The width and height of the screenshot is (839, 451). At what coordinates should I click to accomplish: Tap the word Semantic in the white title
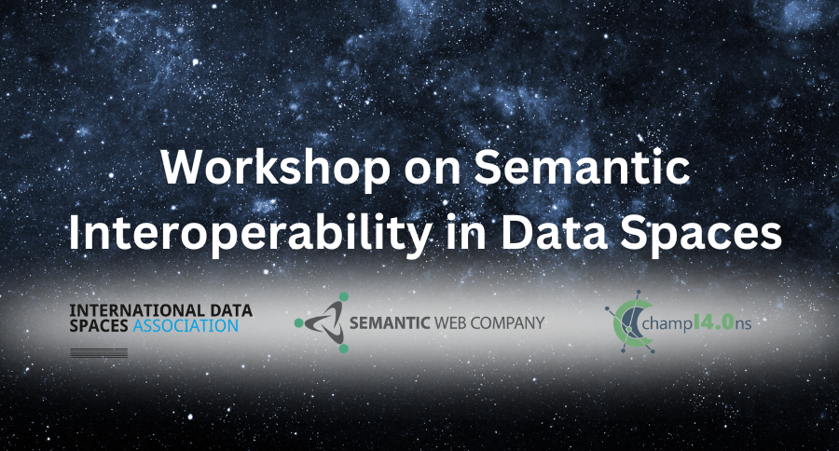[x=582, y=168]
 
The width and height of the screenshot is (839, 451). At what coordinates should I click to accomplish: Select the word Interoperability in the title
[x=251, y=234]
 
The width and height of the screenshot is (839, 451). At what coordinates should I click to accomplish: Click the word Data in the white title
[x=554, y=233]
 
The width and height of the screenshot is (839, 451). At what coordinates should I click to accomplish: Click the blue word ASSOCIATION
[x=186, y=326]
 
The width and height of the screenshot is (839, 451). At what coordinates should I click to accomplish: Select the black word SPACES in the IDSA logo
[x=99, y=326]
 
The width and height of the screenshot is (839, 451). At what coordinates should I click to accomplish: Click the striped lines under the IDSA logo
[x=99, y=352]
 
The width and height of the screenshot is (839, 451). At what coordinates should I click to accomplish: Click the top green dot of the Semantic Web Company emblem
[x=343, y=297]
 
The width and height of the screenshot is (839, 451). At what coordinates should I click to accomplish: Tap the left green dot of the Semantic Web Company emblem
[x=299, y=322]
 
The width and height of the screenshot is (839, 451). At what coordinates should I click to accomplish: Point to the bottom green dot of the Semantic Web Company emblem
[x=343, y=348]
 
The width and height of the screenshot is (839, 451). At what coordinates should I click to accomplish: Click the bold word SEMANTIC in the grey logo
[x=390, y=322]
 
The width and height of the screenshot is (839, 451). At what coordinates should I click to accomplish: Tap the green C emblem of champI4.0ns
[x=630, y=323]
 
